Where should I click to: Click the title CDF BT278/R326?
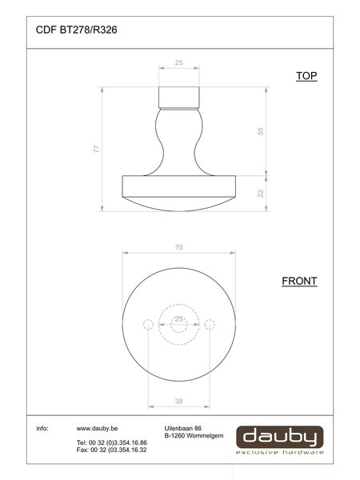coord(76,30)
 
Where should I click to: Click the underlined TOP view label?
coord(306,76)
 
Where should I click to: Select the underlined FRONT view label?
coord(299,281)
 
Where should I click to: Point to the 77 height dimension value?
coord(97,149)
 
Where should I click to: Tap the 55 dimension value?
coord(260,131)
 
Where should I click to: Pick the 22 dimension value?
coord(260,194)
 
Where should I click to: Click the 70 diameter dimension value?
coord(178,247)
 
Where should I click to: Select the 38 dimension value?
coord(178,401)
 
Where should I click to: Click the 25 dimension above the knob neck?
coord(178,62)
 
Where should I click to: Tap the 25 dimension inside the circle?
coord(178,319)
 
